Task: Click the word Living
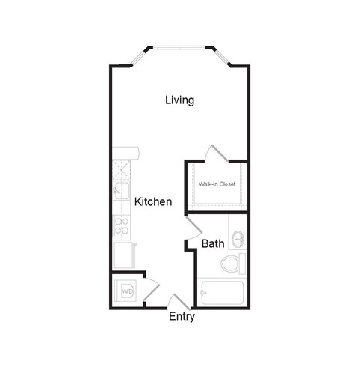coord(180,100)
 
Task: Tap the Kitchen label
coord(154,202)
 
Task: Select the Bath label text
coord(213,243)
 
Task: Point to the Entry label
coord(181,317)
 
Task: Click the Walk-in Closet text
coord(217,184)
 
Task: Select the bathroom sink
coord(238,240)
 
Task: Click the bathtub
coord(222,293)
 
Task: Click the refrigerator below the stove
coord(122,255)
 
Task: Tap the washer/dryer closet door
coord(150,289)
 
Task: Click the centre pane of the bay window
coord(180,49)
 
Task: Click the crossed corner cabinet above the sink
coord(121,169)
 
